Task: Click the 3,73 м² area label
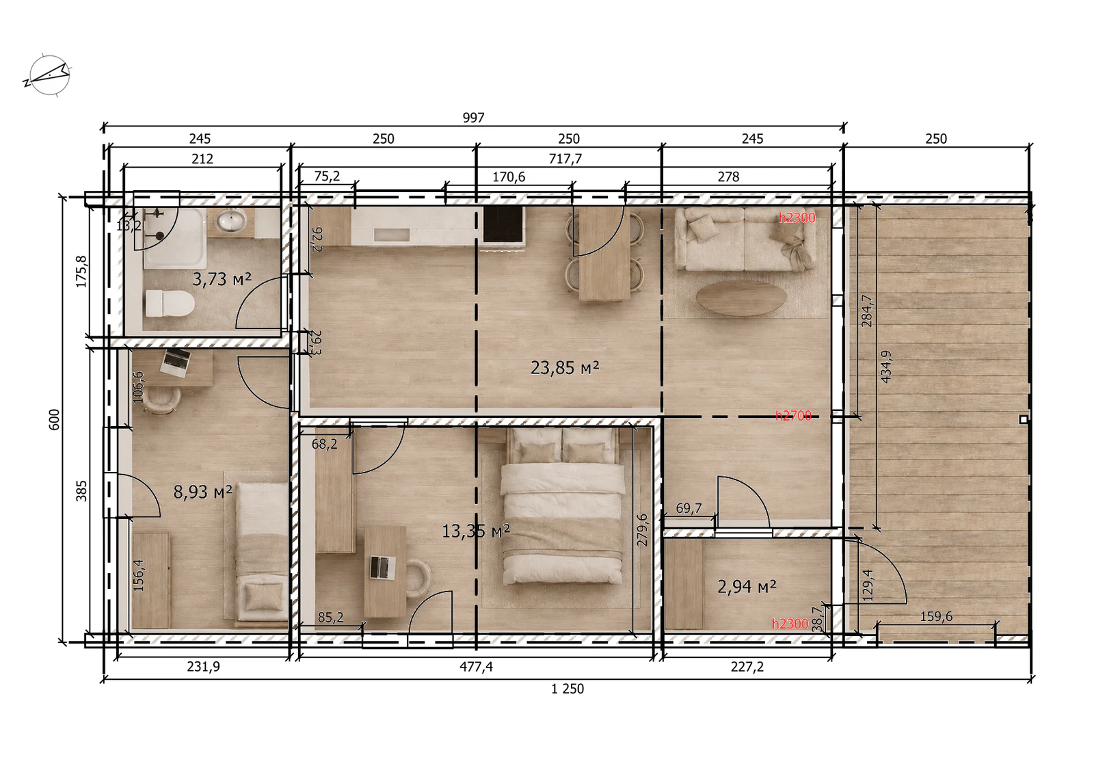(x=222, y=279)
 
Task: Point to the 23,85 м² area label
(x=565, y=367)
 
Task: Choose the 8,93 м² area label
(x=202, y=492)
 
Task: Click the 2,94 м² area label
(x=747, y=586)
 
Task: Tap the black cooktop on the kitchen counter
(x=504, y=225)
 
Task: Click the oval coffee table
(x=741, y=298)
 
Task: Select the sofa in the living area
(x=745, y=239)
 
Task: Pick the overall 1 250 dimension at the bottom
(x=568, y=689)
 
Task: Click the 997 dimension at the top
(x=473, y=118)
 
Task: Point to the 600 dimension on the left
(x=54, y=420)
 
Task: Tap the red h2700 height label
(x=793, y=416)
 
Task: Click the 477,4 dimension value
(x=476, y=666)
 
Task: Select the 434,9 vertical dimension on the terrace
(x=885, y=367)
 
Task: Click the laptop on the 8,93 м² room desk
(x=175, y=362)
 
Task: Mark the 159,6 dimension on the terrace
(x=936, y=616)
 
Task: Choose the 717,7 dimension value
(x=565, y=159)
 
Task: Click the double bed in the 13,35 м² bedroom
(x=562, y=505)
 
